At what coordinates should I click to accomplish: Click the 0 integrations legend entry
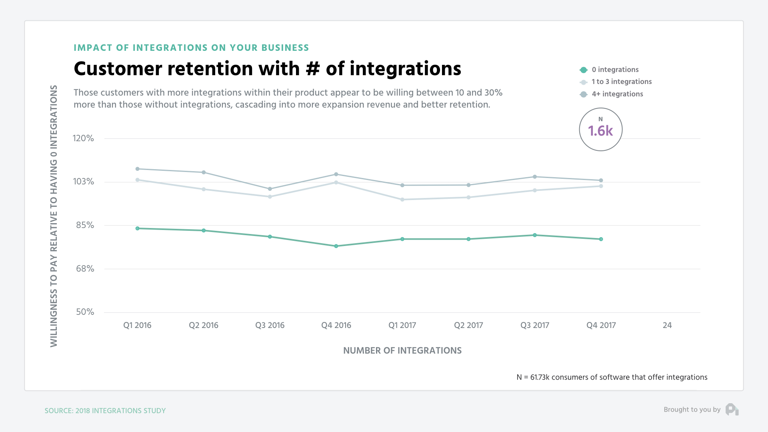coord(615,70)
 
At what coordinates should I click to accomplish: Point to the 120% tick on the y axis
coord(83,138)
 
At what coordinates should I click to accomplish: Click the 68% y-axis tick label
coord(85,269)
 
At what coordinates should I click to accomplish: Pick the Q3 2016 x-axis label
coord(270,325)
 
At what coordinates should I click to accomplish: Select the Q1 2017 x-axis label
coord(402,325)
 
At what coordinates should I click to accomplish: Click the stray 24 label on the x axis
coord(667,325)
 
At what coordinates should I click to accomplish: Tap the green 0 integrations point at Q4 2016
coord(336,246)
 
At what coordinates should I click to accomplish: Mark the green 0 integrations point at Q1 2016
coord(138,228)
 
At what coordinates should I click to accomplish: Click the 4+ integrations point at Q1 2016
coord(138,169)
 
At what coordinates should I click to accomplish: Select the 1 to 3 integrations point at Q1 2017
coord(402,200)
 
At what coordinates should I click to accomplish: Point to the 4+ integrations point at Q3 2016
coord(270,189)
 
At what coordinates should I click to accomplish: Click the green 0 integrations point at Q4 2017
coord(601,239)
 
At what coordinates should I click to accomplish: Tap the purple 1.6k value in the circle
coord(600,131)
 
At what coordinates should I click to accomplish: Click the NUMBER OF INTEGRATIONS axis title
coord(402,350)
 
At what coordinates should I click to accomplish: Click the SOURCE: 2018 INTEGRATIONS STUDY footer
coord(105,411)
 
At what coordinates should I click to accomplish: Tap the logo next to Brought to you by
coord(732,410)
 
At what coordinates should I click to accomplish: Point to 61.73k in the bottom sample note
coord(540,377)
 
